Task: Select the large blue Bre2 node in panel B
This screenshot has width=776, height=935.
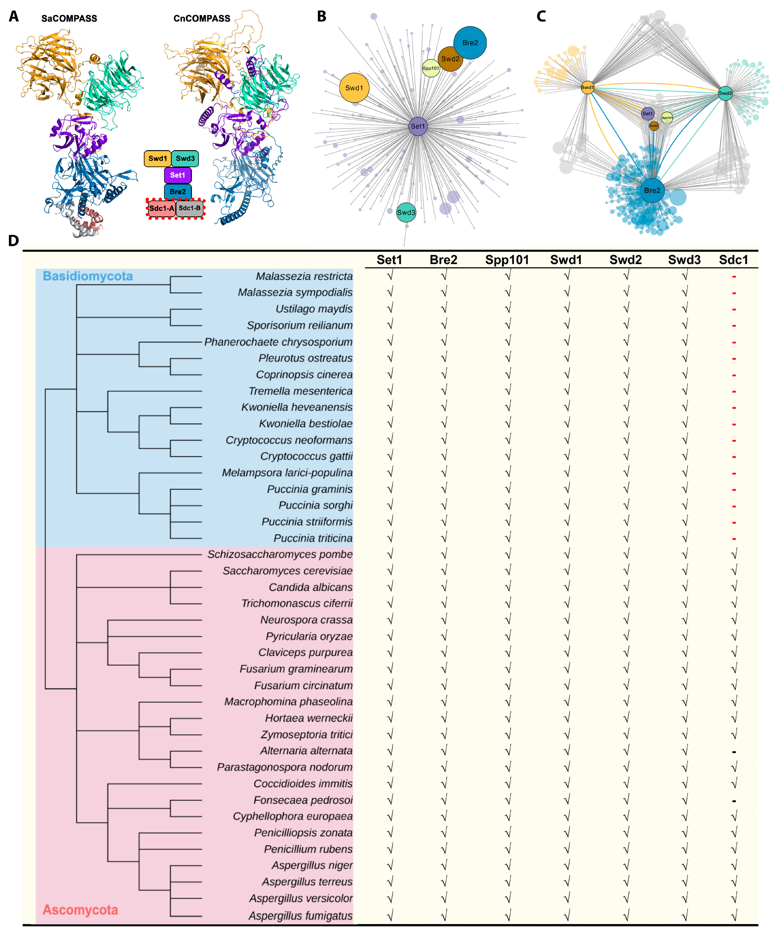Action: coord(470,43)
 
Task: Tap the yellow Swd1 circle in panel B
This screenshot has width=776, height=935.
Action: coord(354,88)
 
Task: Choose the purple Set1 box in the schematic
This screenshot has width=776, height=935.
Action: coord(177,175)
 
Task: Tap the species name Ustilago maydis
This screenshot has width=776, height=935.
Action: coord(314,309)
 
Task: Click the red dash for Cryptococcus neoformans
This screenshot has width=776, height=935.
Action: coord(734,441)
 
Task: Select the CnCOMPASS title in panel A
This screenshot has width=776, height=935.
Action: coord(202,19)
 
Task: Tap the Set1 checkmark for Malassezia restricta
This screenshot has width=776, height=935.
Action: coord(390,276)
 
